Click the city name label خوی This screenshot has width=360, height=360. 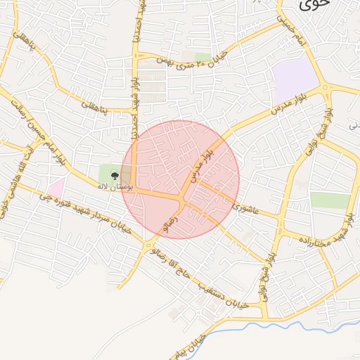[x=314, y=6]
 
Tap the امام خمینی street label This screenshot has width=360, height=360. [x=295, y=32]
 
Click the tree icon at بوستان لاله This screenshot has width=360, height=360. [x=115, y=176]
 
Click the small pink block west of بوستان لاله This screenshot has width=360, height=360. [x=56, y=187]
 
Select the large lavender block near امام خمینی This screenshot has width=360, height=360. [x=295, y=81]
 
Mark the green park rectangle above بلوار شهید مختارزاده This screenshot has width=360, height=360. [x=329, y=200]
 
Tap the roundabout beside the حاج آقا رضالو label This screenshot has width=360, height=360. [x=150, y=245]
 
